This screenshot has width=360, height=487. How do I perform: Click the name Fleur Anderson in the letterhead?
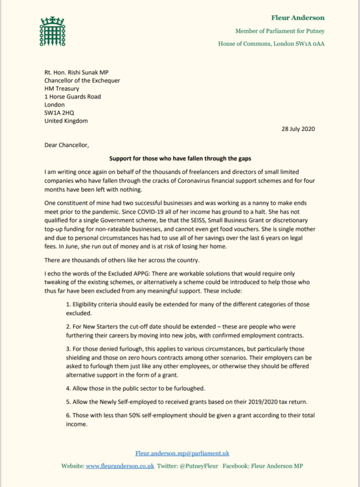298,18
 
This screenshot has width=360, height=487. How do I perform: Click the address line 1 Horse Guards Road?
73,97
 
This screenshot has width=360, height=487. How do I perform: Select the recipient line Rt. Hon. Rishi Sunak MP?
77,72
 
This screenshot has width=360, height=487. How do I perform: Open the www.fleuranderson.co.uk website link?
120,466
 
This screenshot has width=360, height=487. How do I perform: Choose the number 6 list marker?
68,415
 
